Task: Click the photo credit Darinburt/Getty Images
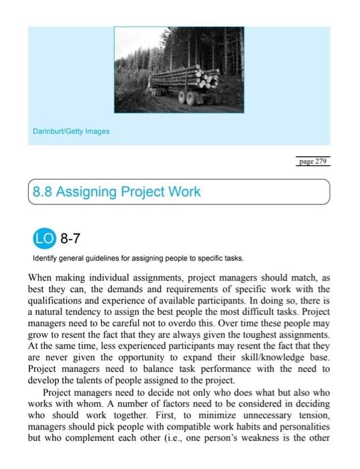(70, 131)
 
